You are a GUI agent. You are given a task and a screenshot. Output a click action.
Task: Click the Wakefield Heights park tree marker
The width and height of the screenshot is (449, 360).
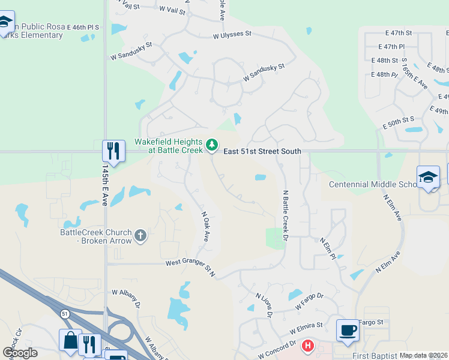[x=211, y=145]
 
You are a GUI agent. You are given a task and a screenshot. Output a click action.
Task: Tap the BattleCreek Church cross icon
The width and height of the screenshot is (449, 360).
[x=140, y=235]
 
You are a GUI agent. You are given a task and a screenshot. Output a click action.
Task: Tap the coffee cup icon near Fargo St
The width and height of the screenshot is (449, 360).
[x=348, y=330]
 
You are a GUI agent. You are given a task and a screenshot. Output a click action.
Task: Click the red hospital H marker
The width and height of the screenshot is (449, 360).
[x=308, y=346]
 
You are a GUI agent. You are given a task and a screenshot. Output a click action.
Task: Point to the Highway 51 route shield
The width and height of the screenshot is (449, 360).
[x=65, y=314]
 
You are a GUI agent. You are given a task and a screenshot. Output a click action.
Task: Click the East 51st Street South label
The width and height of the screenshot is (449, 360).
[x=262, y=152]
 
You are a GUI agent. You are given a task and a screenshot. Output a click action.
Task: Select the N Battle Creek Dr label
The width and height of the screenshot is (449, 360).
[x=286, y=216]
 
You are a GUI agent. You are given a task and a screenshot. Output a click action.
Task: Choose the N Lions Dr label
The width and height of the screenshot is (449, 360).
[x=265, y=305]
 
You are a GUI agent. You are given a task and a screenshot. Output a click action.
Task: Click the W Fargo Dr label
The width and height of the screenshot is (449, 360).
[x=310, y=302]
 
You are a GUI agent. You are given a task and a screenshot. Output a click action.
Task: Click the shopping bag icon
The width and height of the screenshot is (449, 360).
[x=70, y=341]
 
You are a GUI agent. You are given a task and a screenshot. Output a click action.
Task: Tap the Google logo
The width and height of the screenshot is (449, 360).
[x=20, y=353]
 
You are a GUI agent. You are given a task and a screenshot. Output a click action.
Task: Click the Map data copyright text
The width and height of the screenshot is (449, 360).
[x=423, y=355]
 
